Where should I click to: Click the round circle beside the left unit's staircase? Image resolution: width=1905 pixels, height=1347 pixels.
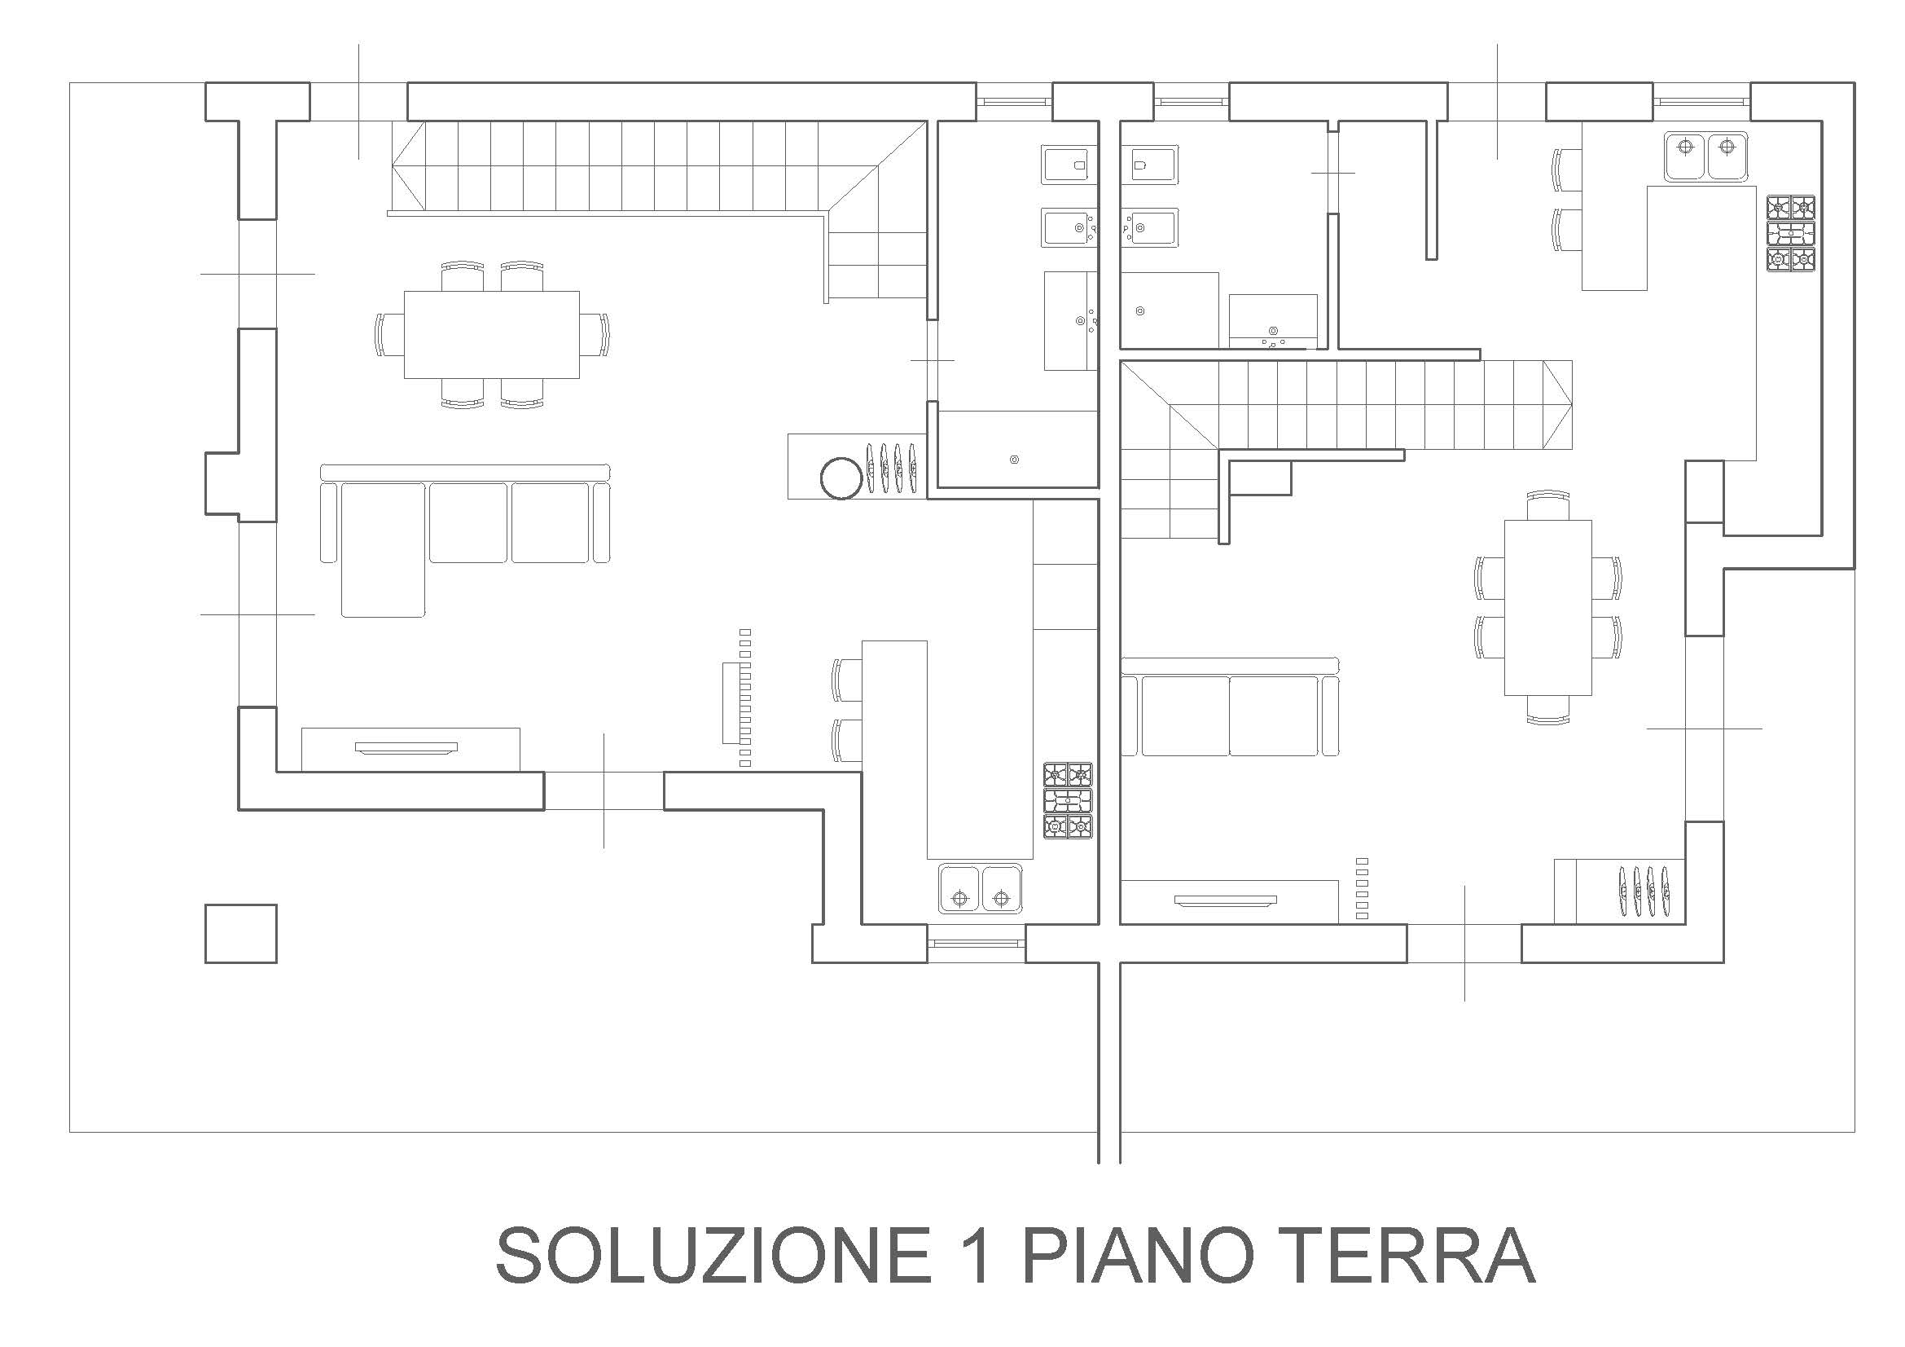tap(841, 478)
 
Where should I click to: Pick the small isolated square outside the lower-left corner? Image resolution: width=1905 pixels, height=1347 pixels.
tap(240, 934)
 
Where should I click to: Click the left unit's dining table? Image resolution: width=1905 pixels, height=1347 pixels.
tap(492, 334)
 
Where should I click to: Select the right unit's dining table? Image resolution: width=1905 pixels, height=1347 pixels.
tap(1548, 608)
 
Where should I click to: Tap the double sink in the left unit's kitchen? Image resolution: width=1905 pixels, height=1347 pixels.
tap(981, 888)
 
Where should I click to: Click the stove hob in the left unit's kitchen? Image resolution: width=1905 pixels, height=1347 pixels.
tap(1068, 801)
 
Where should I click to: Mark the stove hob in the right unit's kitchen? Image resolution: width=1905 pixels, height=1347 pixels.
tap(1790, 233)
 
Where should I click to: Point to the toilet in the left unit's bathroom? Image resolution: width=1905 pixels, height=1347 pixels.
tap(1065, 165)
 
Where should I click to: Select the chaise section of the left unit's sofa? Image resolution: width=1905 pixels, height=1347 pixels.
tap(384, 548)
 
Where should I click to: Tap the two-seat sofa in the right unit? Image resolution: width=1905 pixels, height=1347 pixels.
tap(1231, 707)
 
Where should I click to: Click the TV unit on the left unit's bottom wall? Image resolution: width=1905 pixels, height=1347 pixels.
tap(410, 750)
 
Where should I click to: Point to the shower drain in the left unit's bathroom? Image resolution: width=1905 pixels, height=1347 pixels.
tap(1014, 460)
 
